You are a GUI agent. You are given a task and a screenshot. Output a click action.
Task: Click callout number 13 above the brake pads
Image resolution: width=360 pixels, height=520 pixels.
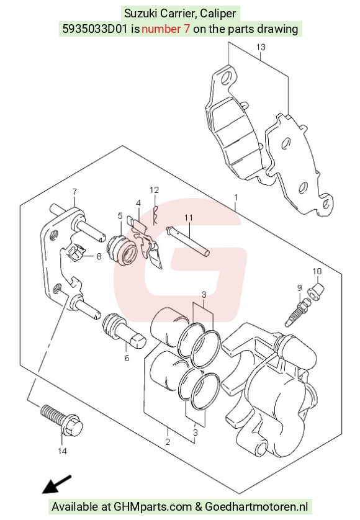[261, 47]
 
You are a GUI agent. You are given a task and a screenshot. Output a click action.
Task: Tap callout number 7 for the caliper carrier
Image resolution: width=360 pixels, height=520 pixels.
[74, 192]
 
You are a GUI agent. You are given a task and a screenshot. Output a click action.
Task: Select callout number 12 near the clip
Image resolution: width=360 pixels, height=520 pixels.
[155, 190]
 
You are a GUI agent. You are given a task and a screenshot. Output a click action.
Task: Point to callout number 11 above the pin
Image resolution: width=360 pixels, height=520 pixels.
[189, 218]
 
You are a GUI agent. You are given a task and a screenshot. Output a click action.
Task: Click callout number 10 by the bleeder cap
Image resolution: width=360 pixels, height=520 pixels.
[317, 271]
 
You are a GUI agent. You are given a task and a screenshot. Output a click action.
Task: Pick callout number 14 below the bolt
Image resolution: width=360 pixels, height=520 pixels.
[62, 451]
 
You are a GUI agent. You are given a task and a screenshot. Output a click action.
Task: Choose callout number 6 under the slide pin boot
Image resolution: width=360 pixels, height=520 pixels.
[127, 358]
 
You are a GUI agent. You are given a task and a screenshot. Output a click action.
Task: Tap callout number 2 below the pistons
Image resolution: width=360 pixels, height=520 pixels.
[168, 442]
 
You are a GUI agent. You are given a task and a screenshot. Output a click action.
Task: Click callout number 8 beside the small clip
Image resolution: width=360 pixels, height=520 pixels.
[99, 256]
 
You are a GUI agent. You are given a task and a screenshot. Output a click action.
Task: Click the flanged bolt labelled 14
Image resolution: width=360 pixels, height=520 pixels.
[62, 420]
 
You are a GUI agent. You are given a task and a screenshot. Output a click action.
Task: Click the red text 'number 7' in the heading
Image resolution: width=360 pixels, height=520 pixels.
[166, 29]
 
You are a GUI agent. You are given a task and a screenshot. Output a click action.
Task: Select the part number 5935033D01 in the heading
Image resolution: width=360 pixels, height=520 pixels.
[95, 29]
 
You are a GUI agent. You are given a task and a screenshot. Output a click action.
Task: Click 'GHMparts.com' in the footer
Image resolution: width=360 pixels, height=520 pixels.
[153, 507]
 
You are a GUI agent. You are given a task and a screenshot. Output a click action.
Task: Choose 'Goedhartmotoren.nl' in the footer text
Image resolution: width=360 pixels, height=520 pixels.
[256, 507]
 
